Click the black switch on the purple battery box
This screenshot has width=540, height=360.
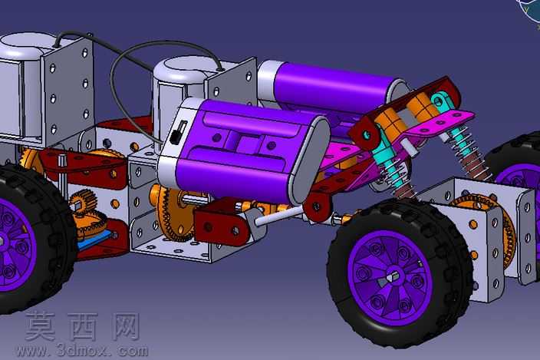click(x=178, y=132)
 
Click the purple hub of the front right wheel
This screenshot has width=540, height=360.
click(x=390, y=278)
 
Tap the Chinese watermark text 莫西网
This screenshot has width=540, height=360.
click(x=82, y=326)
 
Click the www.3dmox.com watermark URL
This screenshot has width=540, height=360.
click(x=82, y=351)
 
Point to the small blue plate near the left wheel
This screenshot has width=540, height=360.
click(x=94, y=240)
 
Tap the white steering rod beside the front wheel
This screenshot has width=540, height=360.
click(x=279, y=216)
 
